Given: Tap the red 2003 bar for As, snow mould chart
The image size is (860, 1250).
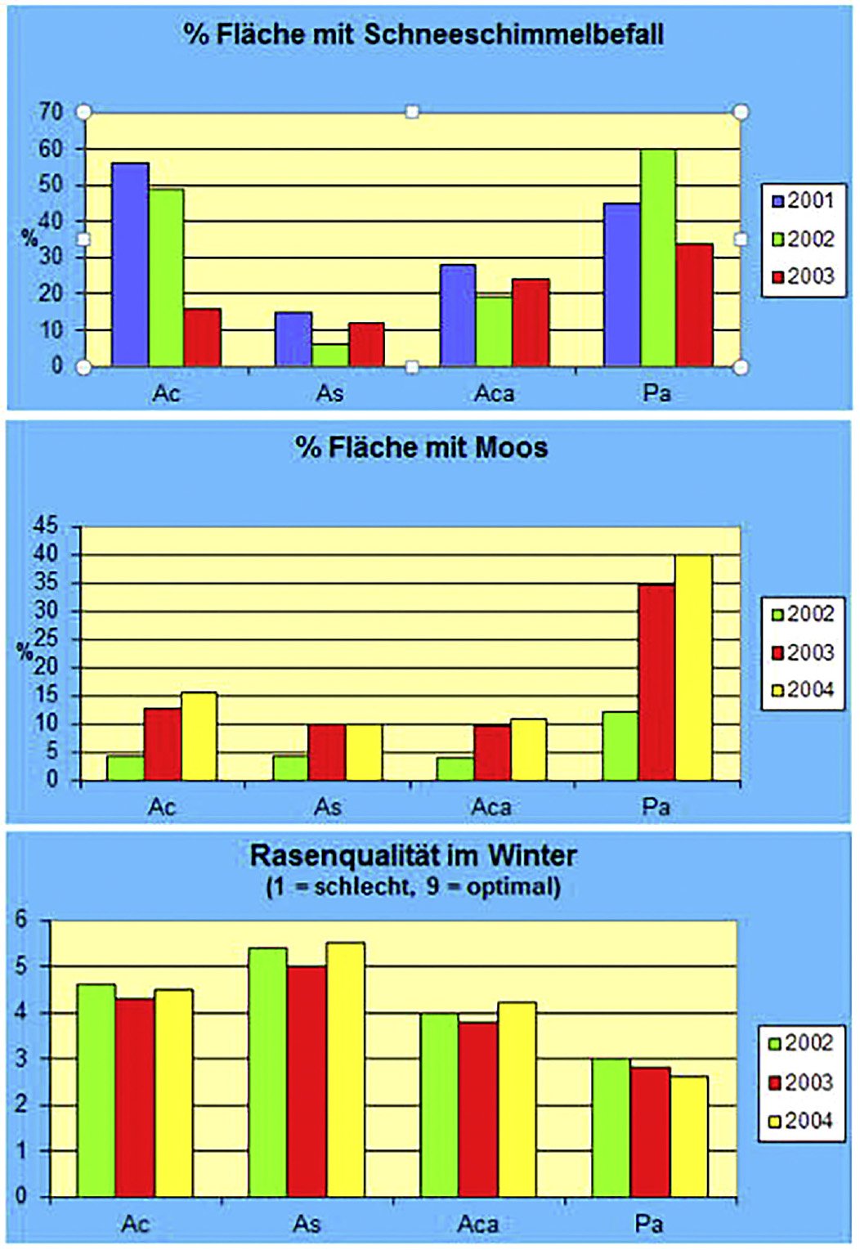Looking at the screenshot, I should [x=366, y=344].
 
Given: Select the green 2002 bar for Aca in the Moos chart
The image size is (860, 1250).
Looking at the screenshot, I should [x=455, y=768].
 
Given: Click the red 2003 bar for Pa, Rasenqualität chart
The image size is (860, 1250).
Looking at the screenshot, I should [x=650, y=1131].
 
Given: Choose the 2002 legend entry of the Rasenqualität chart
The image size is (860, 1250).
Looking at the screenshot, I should [x=800, y=1043].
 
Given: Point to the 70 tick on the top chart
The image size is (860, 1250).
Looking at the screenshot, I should [x=51, y=112].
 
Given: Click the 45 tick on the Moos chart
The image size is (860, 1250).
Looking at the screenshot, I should [x=46, y=526].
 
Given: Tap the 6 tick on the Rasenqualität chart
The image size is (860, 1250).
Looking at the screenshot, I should [x=22, y=921].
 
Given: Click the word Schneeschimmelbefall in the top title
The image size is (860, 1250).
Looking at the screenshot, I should [x=513, y=34].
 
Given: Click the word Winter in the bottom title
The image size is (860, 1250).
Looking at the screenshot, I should [x=532, y=856].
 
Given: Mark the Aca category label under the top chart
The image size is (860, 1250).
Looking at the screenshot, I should [x=494, y=394].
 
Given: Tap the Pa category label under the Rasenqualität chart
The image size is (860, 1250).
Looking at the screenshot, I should [x=648, y=1224].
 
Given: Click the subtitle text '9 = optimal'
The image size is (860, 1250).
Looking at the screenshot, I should [x=493, y=886].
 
